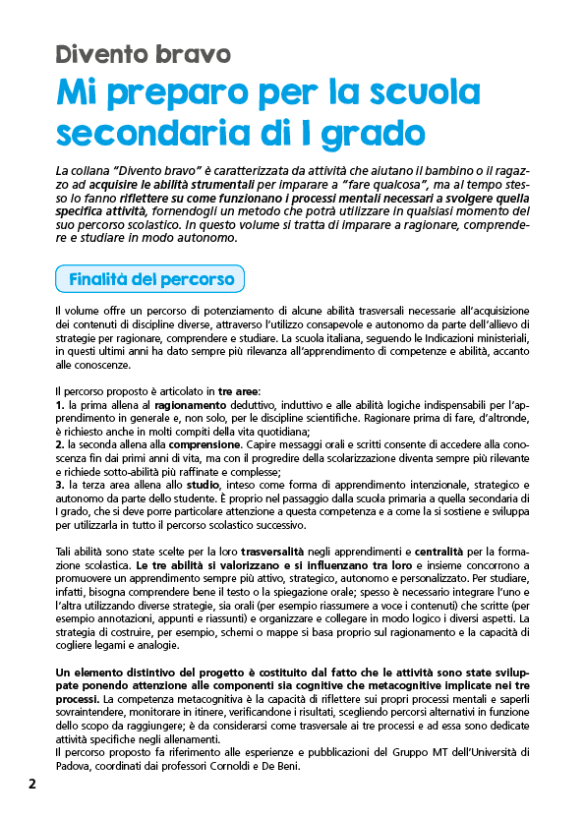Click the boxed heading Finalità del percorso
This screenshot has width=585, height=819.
click(150, 279)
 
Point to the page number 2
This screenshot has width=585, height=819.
click(32, 785)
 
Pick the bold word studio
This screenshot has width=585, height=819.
click(204, 486)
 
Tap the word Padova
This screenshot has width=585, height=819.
click(74, 766)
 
